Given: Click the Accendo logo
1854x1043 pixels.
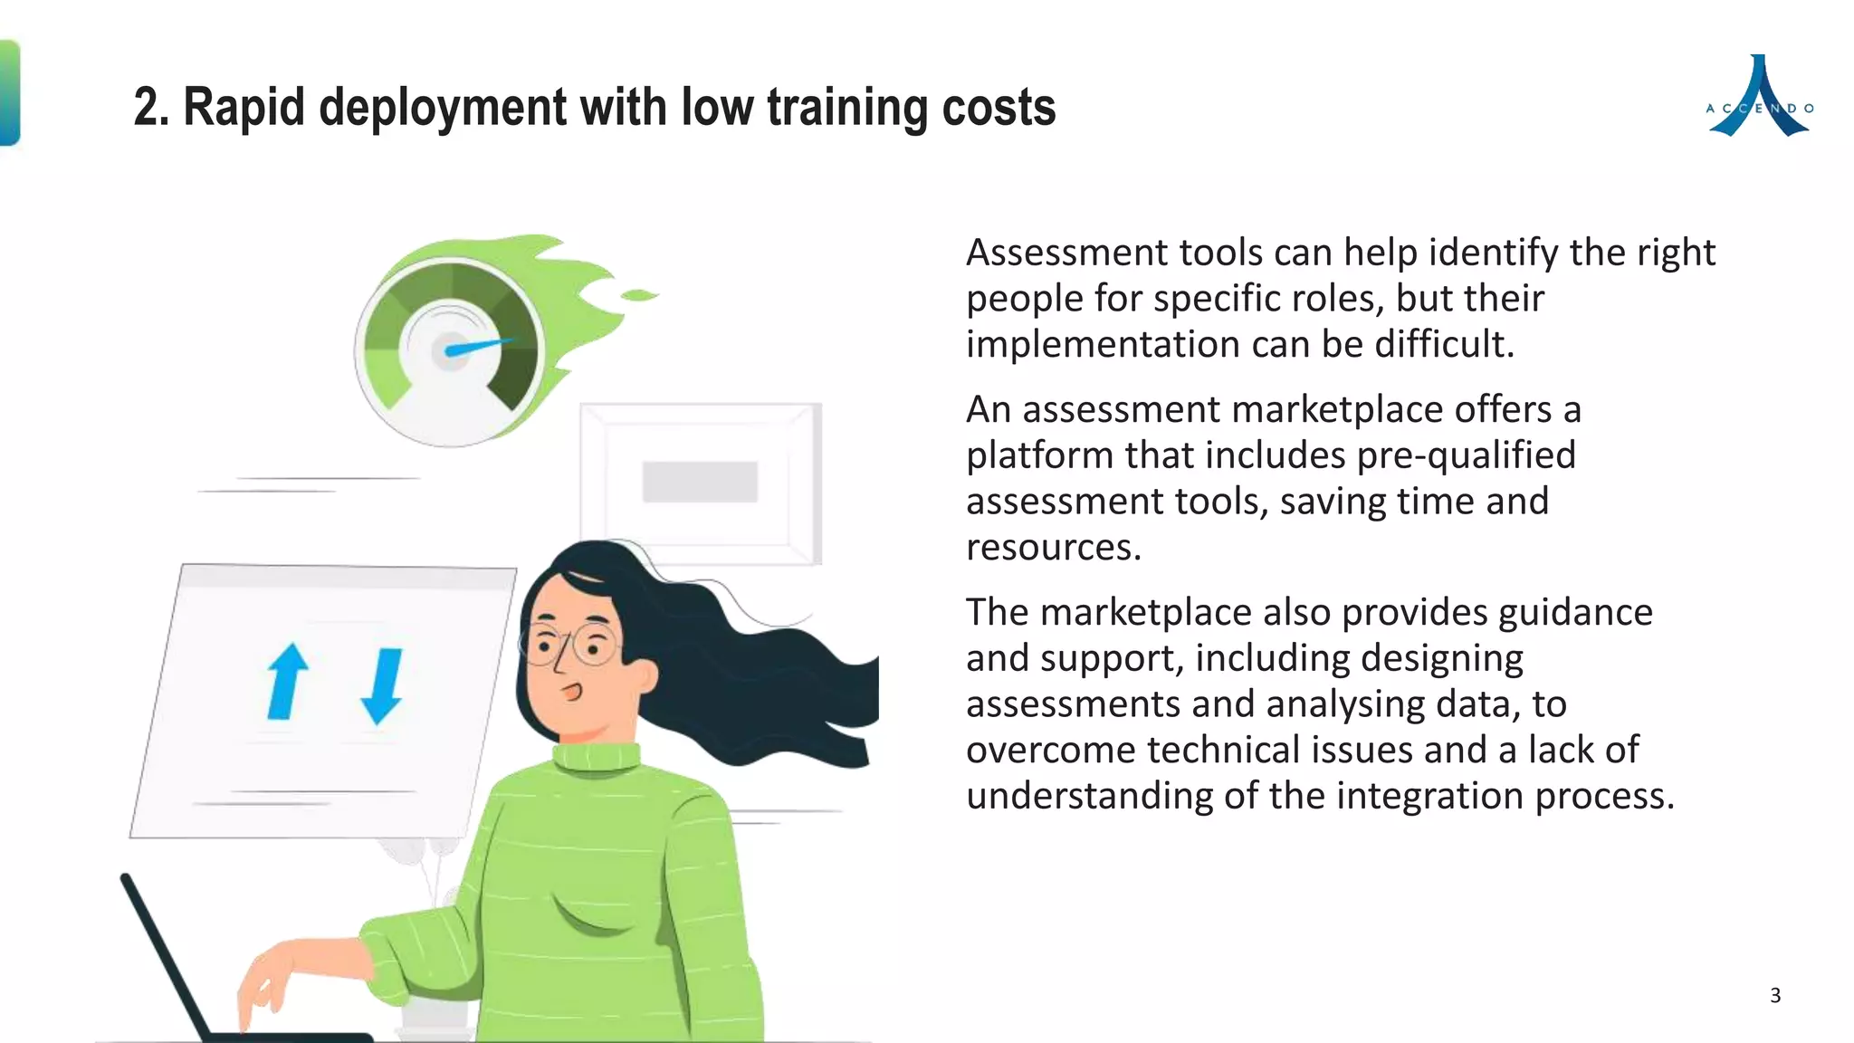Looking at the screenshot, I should (1759, 98).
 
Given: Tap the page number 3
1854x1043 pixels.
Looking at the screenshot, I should (1775, 996).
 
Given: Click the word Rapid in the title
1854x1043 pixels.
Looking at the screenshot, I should (244, 108).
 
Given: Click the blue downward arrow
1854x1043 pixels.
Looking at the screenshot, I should (383, 685).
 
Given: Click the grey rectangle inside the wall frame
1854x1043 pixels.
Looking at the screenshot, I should (700, 482).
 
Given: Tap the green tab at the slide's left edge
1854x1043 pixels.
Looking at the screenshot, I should (9, 92).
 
